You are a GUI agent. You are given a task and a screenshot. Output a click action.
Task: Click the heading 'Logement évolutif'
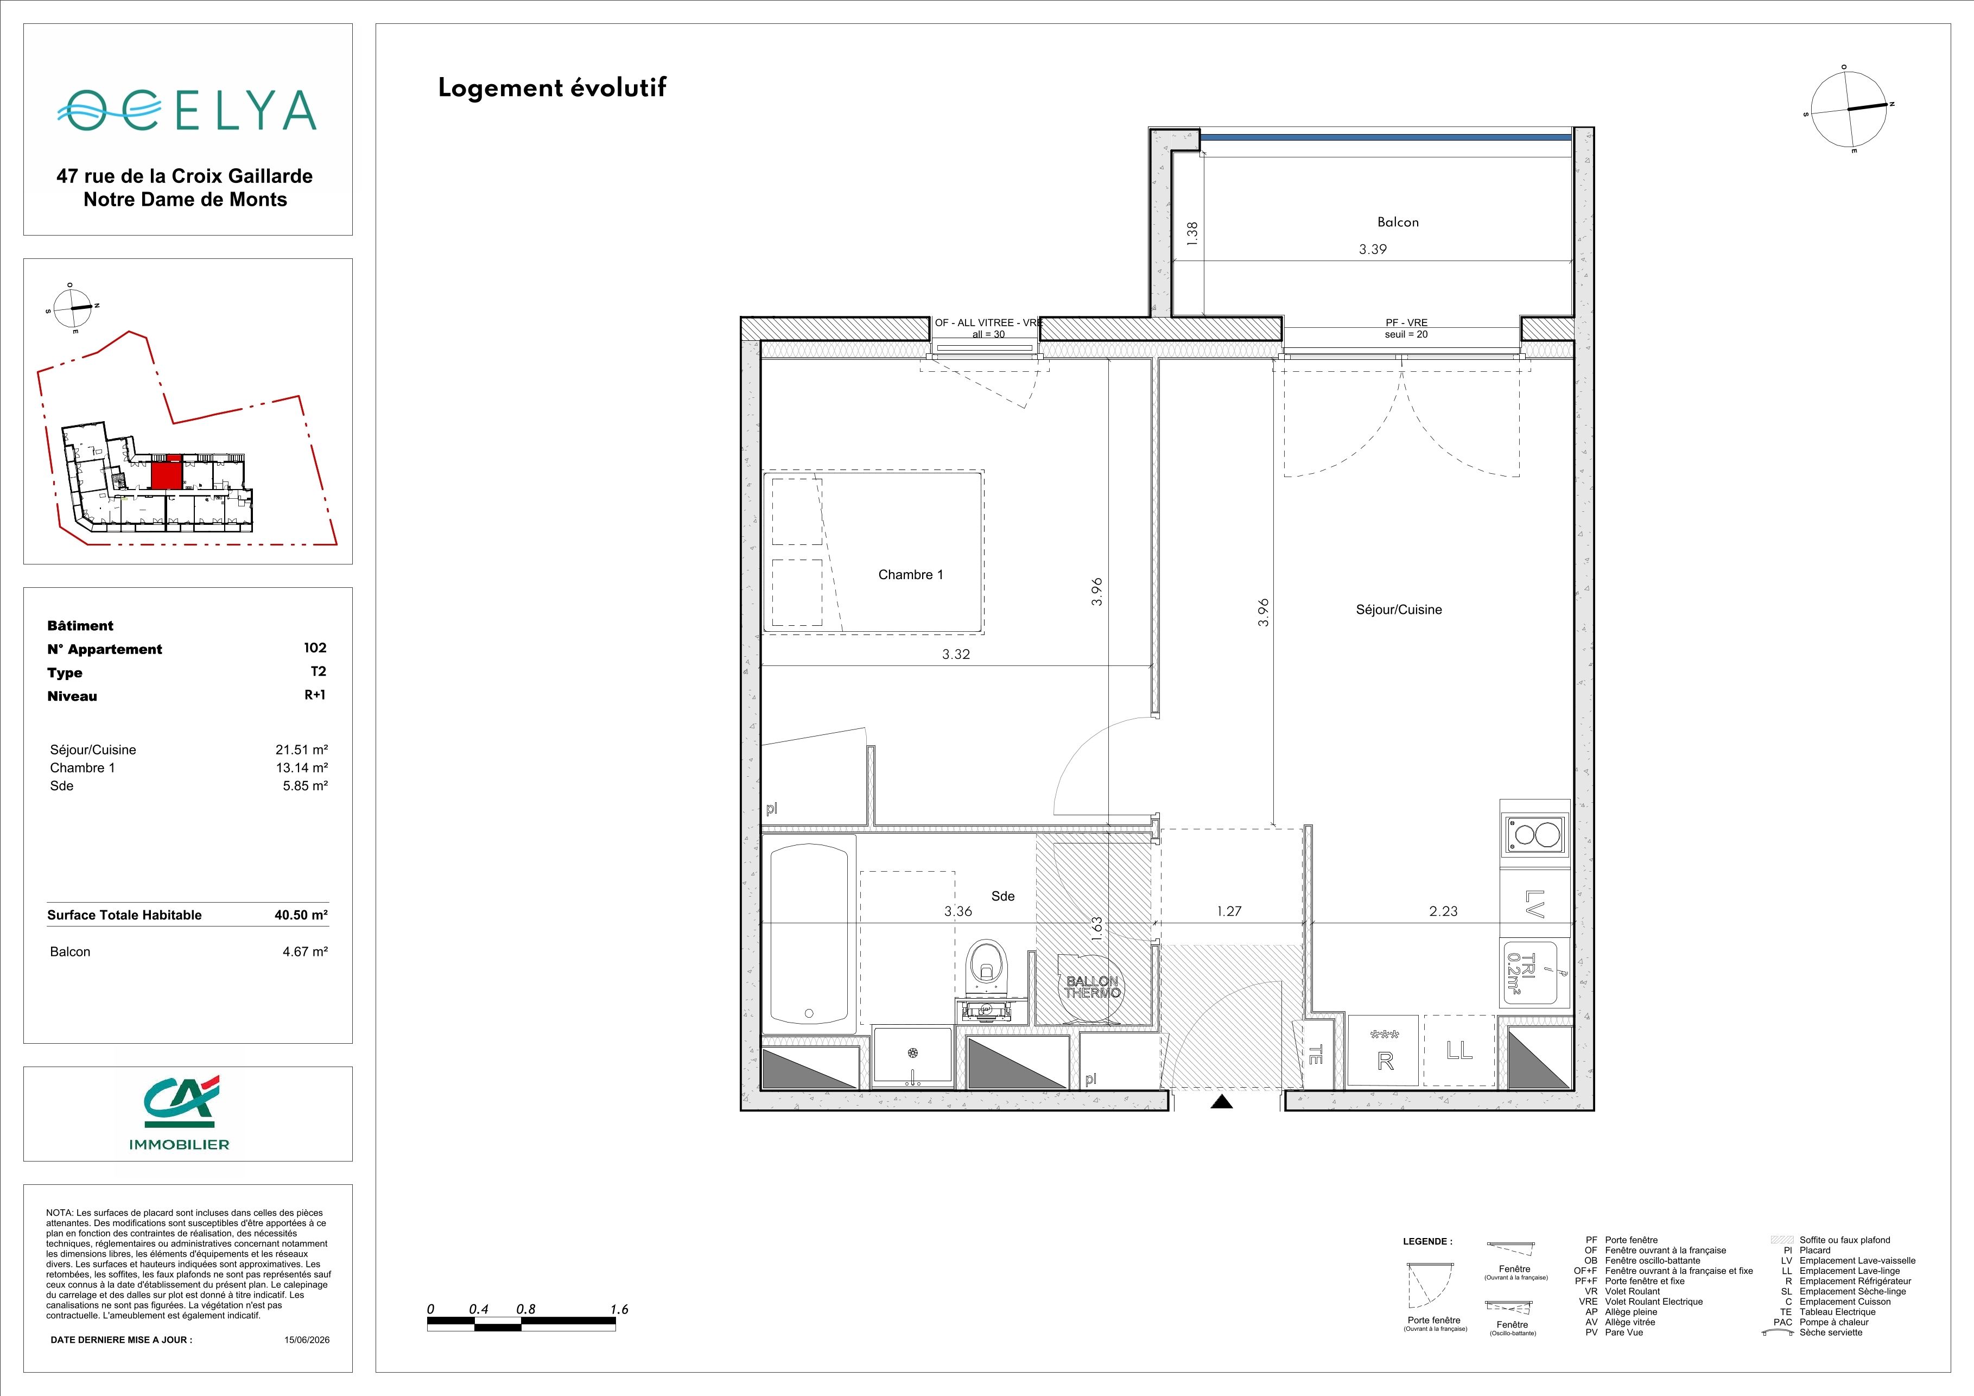point(552,88)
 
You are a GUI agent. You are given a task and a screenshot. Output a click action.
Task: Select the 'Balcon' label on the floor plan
point(1398,222)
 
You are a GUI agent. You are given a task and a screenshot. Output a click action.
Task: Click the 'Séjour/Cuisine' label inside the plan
point(1399,610)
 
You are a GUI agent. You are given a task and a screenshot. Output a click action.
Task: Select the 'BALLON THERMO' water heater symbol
point(1092,987)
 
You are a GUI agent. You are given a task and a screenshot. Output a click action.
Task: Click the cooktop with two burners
point(1535,834)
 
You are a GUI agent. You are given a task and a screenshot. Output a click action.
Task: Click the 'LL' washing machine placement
point(1459,1050)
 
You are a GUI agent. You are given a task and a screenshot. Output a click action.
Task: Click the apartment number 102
point(315,648)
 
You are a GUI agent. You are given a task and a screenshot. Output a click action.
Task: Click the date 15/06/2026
point(307,1339)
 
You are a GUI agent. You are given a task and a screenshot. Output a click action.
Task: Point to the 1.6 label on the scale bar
point(619,1309)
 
